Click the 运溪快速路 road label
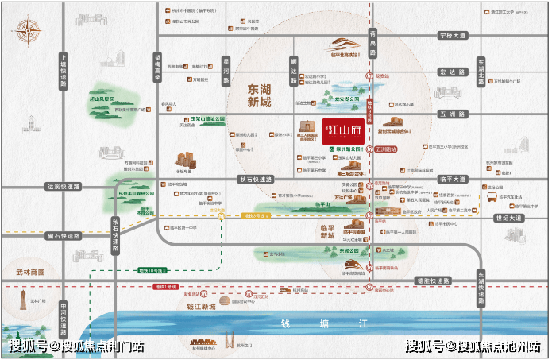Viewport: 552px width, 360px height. pos(64,188)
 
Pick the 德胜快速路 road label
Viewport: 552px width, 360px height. pos(432,281)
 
